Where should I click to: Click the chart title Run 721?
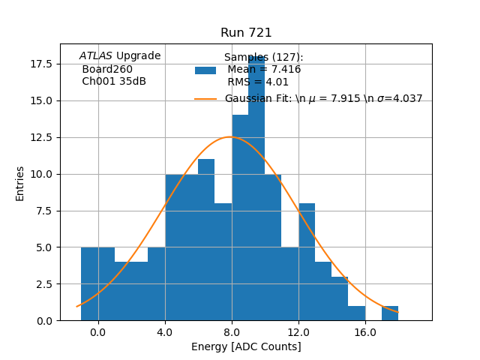click(246, 33)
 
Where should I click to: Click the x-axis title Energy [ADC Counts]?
click(246, 346)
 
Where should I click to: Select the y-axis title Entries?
click(20, 183)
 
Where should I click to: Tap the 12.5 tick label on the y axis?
click(41, 137)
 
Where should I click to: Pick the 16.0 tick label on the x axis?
click(365, 332)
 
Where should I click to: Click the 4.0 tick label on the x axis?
click(165, 332)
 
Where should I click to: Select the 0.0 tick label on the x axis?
click(98, 332)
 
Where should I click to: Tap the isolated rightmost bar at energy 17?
click(390, 313)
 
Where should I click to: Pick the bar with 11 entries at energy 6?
click(206, 240)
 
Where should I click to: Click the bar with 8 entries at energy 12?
click(307, 262)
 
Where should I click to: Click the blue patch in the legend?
click(205, 70)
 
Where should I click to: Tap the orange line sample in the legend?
click(205, 99)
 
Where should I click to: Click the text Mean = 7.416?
click(264, 70)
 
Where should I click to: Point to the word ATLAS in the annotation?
click(96, 56)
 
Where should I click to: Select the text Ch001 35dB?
click(114, 82)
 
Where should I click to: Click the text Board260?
click(107, 70)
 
